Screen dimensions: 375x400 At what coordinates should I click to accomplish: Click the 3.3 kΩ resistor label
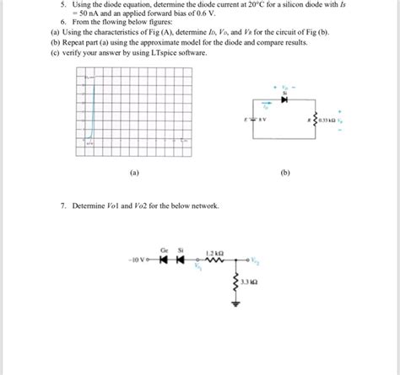249,283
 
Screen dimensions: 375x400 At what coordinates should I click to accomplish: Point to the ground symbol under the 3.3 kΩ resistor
236,309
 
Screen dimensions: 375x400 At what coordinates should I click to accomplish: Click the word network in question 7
203,206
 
